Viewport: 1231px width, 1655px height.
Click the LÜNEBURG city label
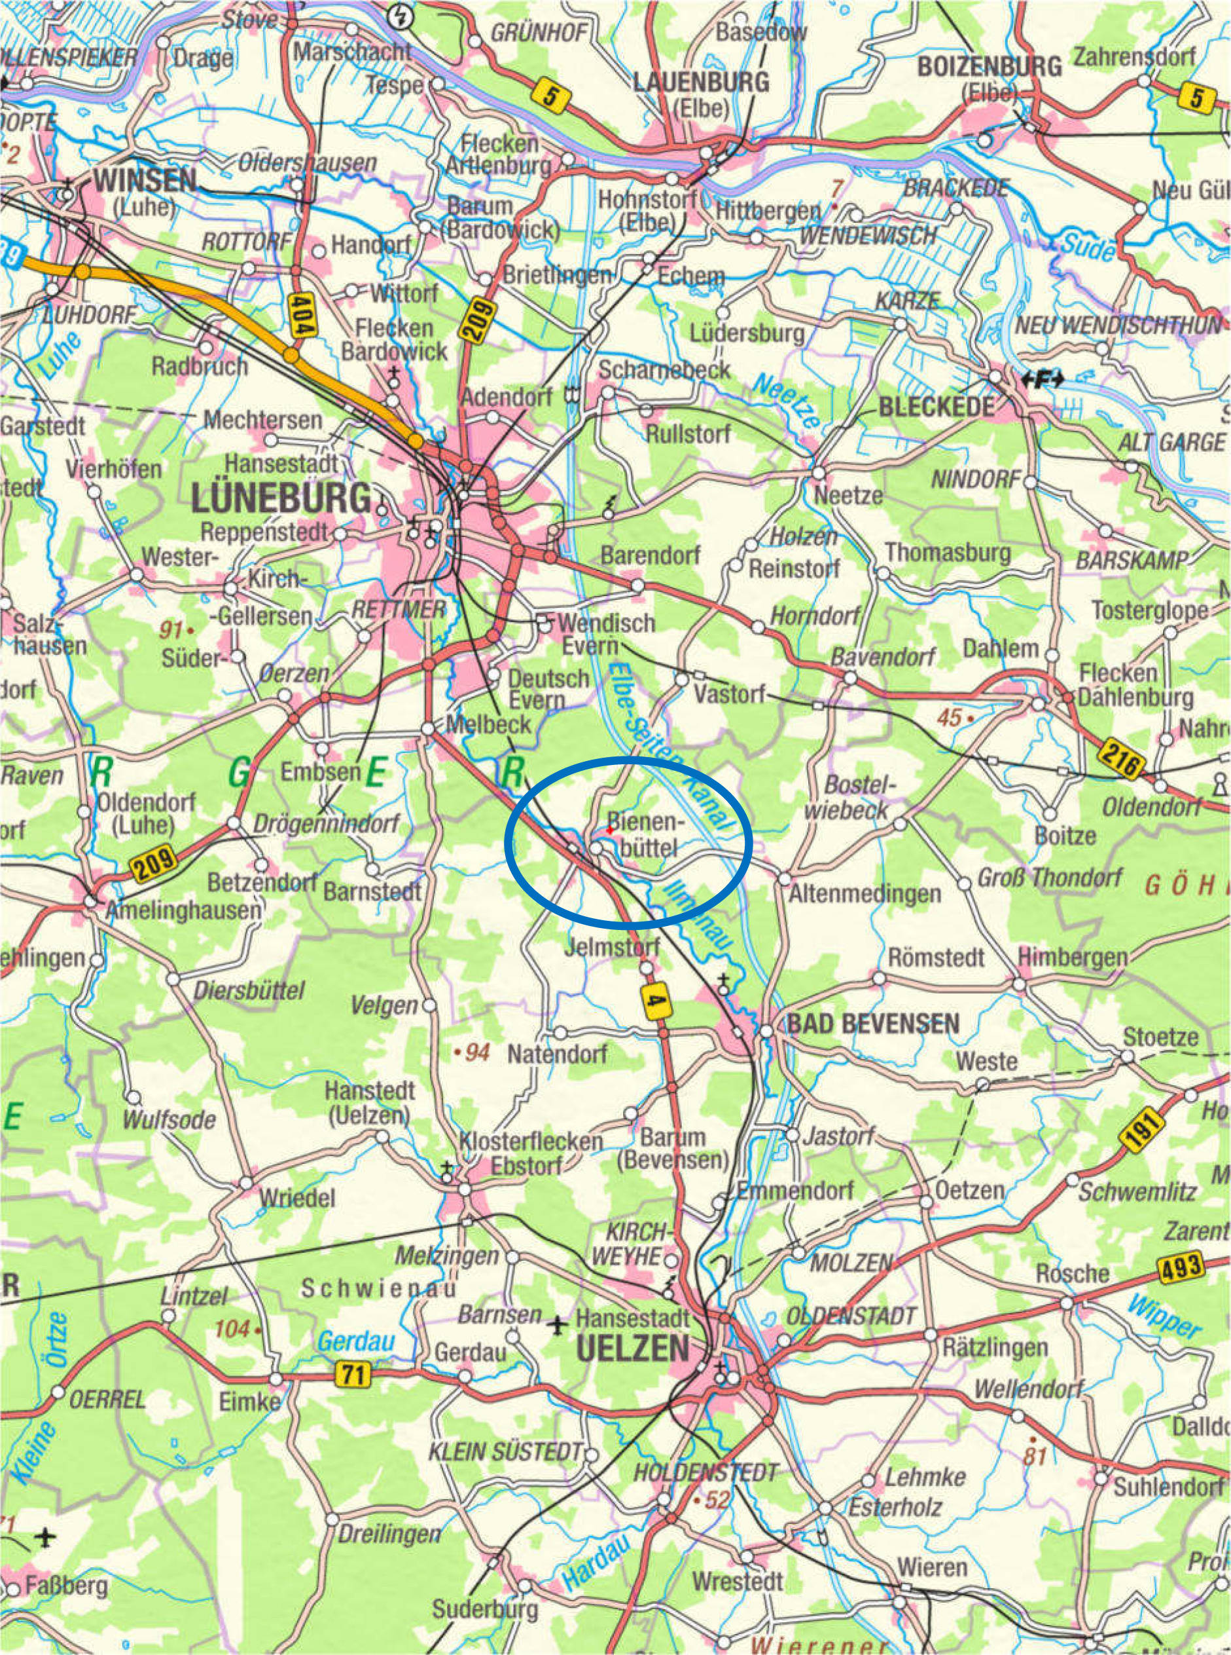281,498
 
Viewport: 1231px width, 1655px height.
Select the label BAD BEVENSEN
872,1024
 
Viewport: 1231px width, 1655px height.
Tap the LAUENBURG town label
700,82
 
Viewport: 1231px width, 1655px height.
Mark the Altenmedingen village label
865,893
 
